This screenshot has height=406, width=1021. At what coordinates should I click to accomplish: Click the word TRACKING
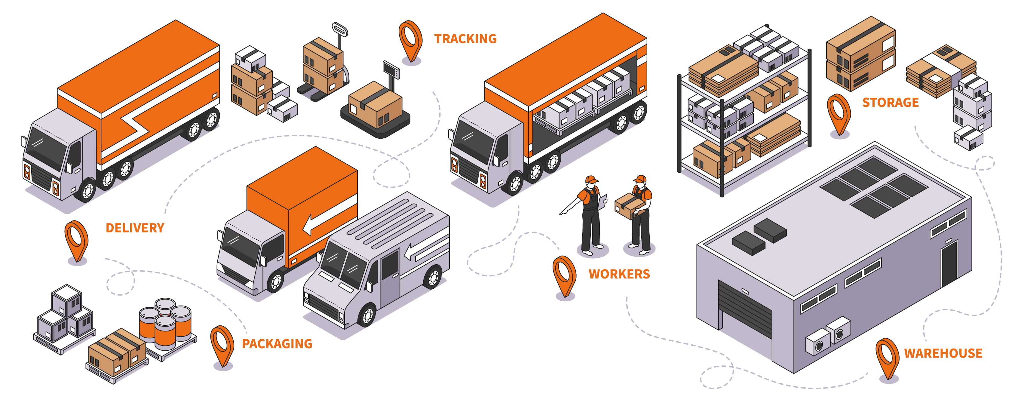pyautogui.click(x=465, y=39)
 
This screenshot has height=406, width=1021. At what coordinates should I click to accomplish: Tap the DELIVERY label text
pyautogui.click(x=135, y=228)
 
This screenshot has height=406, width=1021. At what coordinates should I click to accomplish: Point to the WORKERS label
pyautogui.click(x=619, y=274)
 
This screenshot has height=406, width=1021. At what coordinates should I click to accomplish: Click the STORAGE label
pyautogui.click(x=890, y=103)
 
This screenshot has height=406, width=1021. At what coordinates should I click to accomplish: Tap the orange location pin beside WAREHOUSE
pyautogui.click(x=887, y=357)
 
